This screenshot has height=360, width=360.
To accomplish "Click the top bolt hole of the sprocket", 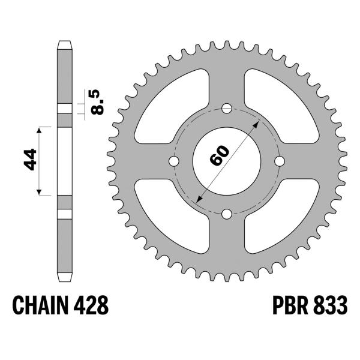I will coord(226,109).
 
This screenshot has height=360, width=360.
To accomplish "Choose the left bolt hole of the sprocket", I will coord(174,161).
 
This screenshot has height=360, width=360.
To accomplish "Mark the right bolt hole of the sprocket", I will coord(279,161).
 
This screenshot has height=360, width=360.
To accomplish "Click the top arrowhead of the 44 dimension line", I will coord(41,129).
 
